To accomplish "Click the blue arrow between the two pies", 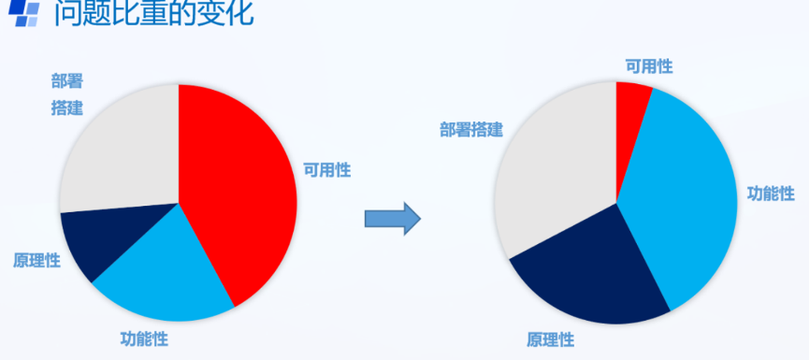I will pyautogui.click(x=392, y=217).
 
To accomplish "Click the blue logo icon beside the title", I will pyautogui.click(x=23, y=13).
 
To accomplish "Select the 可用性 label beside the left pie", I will pyautogui.click(x=326, y=169).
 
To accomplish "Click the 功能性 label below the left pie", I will pyautogui.click(x=144, y=338).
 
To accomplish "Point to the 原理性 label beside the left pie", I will pyautogui.click(x=36, y=259).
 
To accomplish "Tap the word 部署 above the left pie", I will pyautogui.click(x=67, y=81).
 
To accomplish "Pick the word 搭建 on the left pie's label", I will pyautogui.click(x=67, y=108).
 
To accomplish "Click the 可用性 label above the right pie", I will pyautogui.click(x=649, y=65).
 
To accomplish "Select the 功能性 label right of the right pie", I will pyautogui.click(x=771, y=194).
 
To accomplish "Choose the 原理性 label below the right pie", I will pyautogui.click(x=550, y=338).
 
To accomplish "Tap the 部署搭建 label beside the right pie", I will pyautogui.click(x=471, y=129).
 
